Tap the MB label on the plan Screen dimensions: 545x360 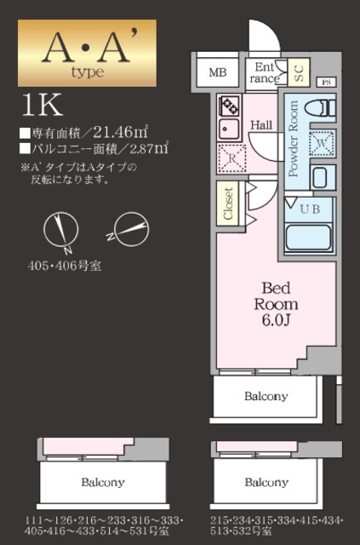point(219,72)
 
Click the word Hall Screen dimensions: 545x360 point(260,125)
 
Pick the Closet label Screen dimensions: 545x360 point(227,204)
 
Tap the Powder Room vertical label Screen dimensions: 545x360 point(294,138)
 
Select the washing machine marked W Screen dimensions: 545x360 point(322,143)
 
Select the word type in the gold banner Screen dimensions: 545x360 point(83,72)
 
